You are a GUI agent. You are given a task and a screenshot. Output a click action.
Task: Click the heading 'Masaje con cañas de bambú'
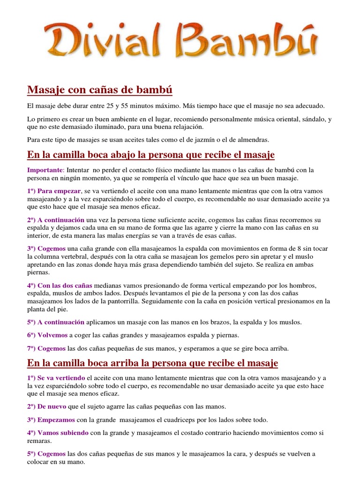click(100, 89)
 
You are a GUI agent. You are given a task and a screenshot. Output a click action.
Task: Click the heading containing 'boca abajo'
click(151, 155)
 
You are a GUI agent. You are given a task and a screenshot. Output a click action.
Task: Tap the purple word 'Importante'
click(45, 170)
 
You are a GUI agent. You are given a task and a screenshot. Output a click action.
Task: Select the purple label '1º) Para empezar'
click(54, 191)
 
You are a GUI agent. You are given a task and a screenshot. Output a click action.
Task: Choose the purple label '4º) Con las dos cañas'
click(60, 285)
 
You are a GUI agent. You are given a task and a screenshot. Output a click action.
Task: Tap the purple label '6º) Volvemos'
click(47, 335)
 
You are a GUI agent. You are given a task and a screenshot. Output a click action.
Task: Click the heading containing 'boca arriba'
click(153, 363)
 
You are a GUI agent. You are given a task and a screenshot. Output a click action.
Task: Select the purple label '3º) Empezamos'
click(51, 420)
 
